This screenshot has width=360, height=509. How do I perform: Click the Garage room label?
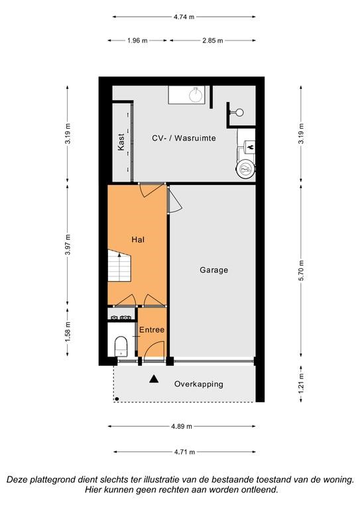point(213,270)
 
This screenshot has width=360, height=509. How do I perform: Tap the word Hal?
point(138,240)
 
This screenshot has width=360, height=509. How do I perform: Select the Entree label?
point(152,330)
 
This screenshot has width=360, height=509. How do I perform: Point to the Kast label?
point(121,142)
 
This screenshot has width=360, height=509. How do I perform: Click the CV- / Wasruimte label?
point(184,138)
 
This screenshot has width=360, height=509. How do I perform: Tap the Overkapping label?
point(199,384)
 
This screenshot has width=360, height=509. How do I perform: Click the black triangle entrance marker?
point(154,379)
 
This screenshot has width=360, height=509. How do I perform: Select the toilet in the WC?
point(121,347)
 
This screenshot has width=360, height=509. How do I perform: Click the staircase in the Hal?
point(119,266)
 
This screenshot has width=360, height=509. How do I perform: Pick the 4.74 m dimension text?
point(184,17)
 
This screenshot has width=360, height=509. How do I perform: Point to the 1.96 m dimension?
point(137,40)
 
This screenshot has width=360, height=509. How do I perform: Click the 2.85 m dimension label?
point(213,40)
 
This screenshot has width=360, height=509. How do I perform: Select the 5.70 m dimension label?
point(301,270)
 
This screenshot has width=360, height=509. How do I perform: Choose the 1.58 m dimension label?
point(68,332)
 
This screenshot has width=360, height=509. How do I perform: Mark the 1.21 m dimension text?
point(301,384)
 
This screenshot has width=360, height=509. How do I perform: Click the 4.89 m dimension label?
point(182,426)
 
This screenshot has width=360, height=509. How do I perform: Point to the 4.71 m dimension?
point(184,451)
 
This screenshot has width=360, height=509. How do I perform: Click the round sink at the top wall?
point(196,95)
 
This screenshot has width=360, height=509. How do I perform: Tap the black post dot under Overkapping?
point(117,398)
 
